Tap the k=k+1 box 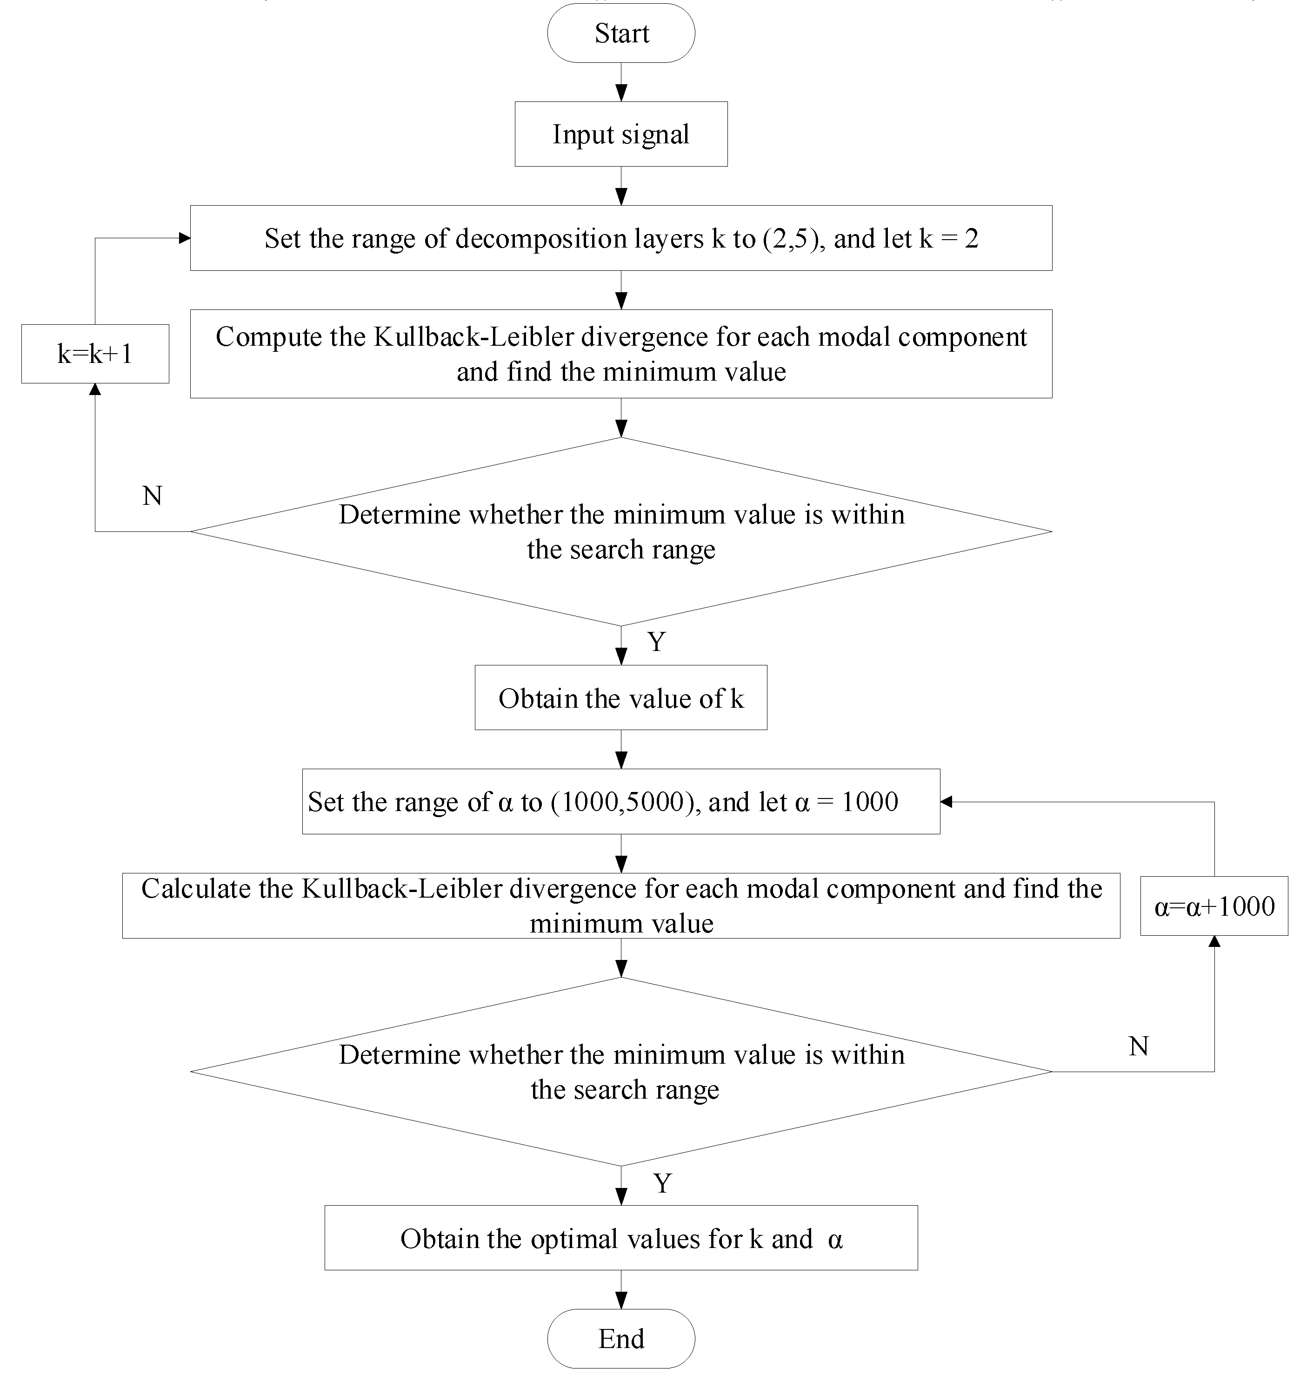95,354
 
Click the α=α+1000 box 1214,906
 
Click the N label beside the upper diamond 152,496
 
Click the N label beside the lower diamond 1139,1046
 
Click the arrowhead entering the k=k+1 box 95,390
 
